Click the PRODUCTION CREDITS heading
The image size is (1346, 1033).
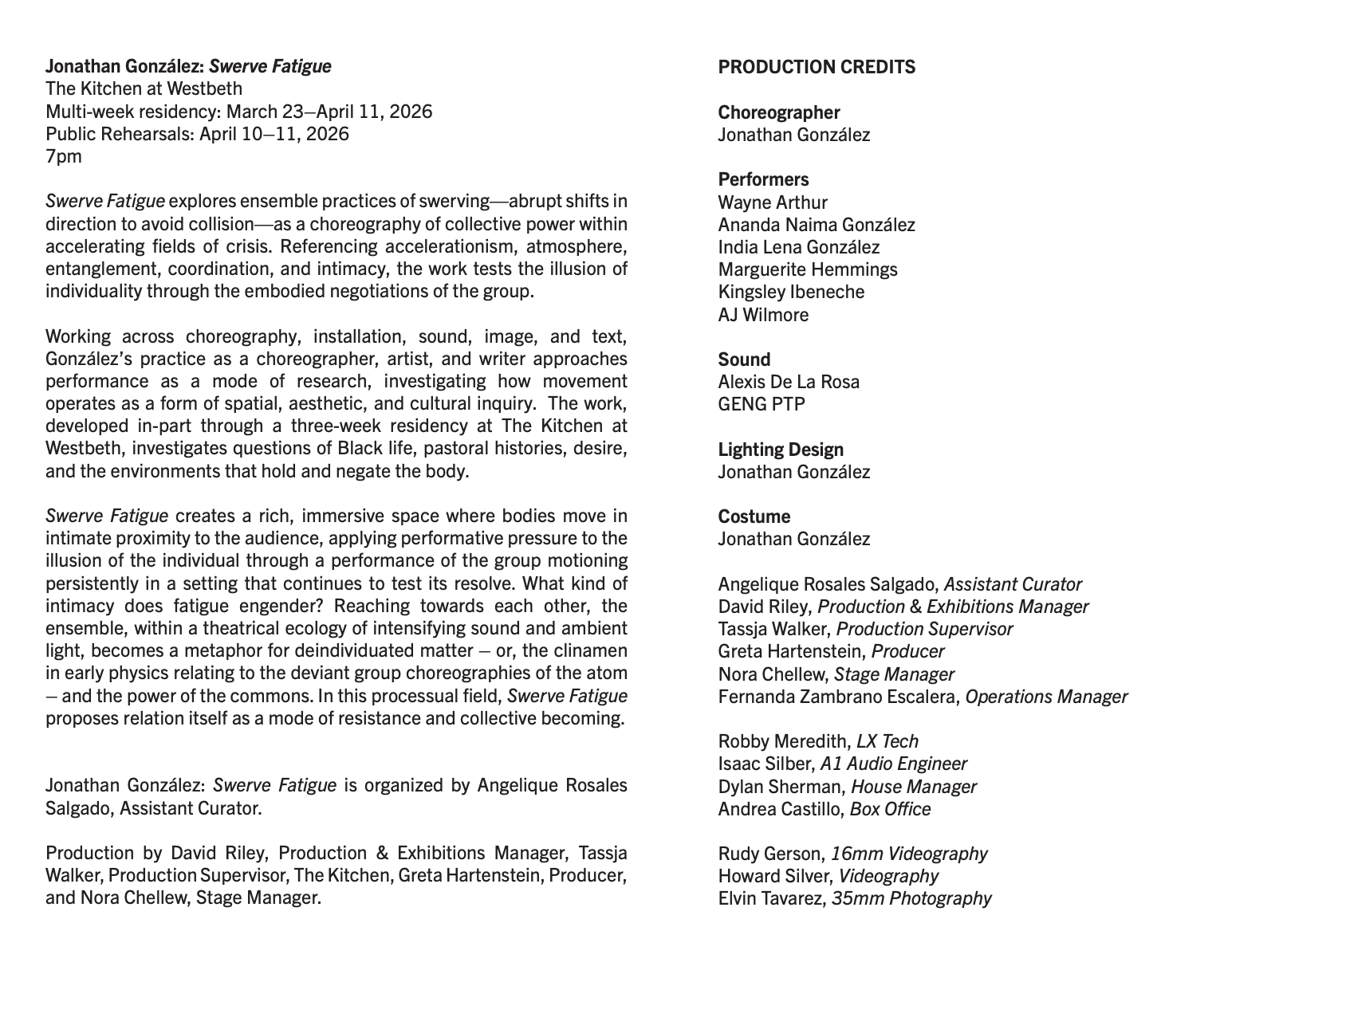point(817,67)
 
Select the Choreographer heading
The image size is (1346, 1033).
point(779,112)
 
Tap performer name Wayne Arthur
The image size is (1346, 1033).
point(773,202)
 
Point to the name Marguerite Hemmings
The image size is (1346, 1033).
point(808,269)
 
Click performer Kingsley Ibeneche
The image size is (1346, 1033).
point(791,292)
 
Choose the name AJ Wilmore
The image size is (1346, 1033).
point(763,315)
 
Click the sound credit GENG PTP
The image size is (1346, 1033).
point(762,404)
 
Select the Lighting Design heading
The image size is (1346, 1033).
point(779,450)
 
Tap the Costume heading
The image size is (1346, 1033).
point(754,516)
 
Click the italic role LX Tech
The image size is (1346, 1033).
point(887,741)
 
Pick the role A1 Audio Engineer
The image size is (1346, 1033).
point(893,764)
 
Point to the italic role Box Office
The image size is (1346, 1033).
point(890,809)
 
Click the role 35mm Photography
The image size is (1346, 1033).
point(911,898)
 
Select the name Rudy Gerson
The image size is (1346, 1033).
point(770,854)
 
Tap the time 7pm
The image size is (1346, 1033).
point(64,156)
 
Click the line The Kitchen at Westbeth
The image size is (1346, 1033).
point(144,88)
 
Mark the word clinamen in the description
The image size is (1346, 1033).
point(591,651)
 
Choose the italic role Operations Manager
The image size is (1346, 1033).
point(1046,697)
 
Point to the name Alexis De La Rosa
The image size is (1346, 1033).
point(789,382)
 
